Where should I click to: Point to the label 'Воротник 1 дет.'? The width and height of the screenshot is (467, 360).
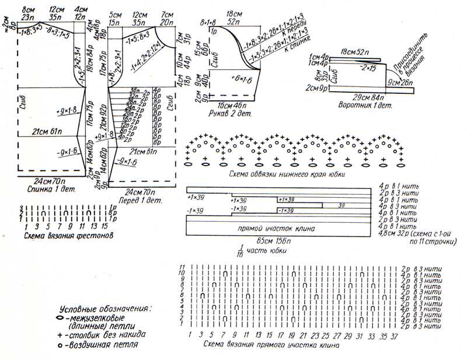[365, 106]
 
